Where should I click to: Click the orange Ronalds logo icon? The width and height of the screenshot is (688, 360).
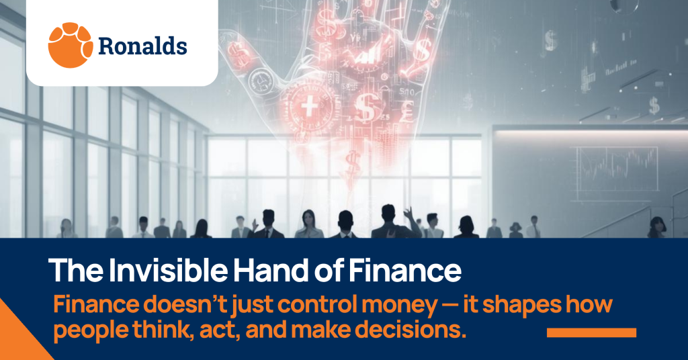tap(70, 45)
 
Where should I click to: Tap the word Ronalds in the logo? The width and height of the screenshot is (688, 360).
tap(142, 46)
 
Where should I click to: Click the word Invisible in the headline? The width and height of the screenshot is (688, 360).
tap(168, 270)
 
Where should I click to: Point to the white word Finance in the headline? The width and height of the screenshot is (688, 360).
tap(405, 270)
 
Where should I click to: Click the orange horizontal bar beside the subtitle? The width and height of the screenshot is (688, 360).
tap(591, 333)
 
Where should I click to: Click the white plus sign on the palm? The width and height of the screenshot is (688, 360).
tap(310, 107)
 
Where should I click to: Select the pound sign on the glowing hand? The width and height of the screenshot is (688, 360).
tap(406, 111)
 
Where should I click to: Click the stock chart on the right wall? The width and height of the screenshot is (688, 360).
tap(617, 169)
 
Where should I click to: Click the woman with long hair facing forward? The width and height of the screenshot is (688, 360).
tap(309, 224)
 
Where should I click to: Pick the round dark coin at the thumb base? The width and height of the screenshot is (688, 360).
tap(261, 82)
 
